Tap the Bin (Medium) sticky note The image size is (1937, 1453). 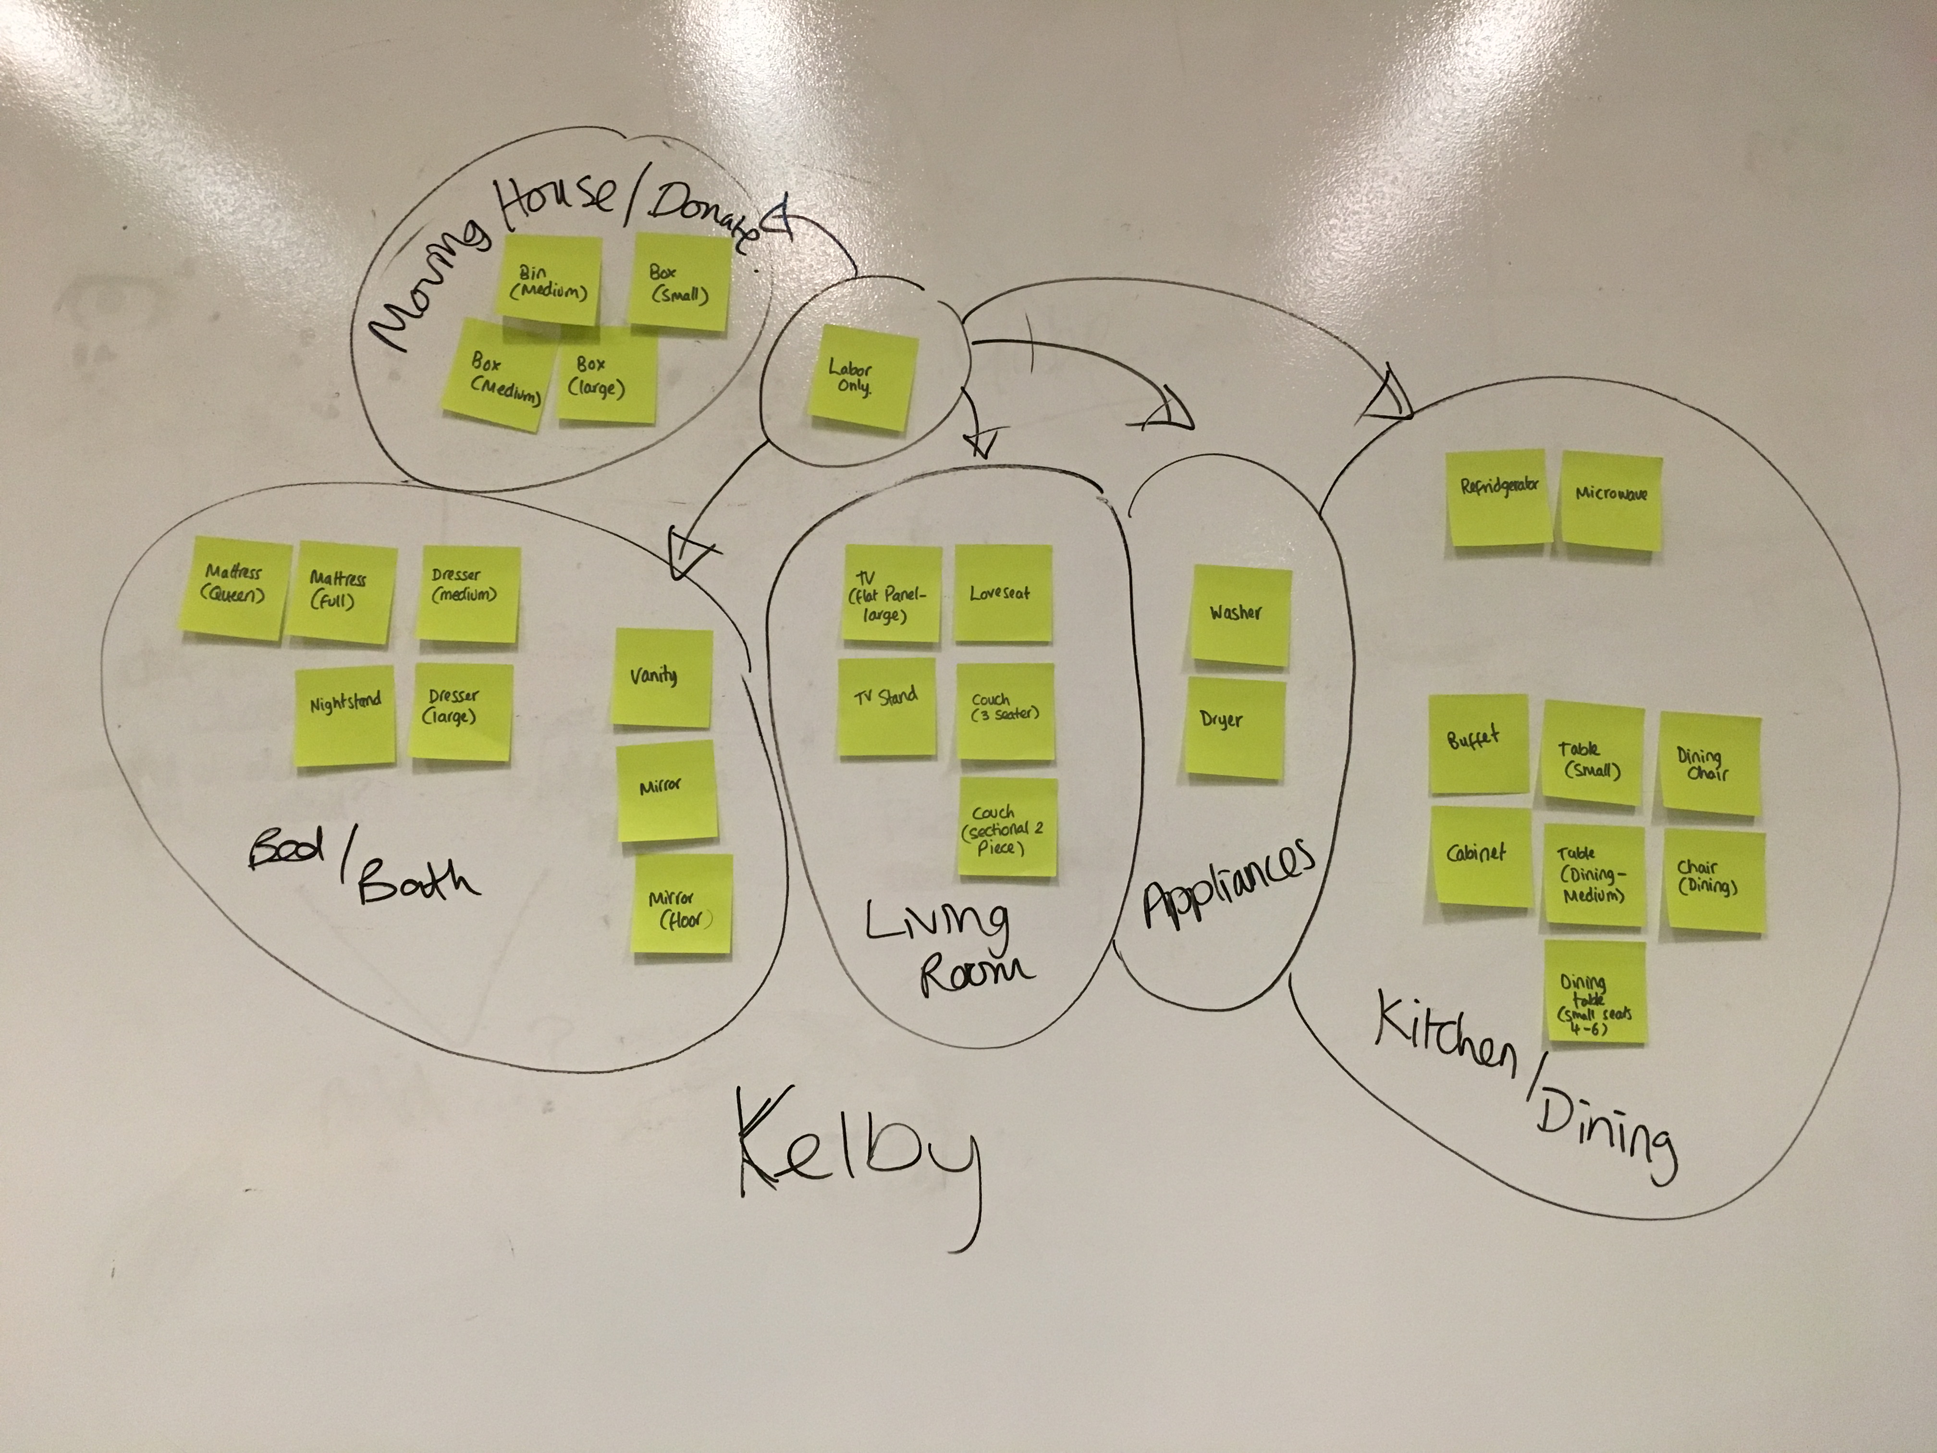(550, 279)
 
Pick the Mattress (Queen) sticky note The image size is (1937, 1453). (235, 587)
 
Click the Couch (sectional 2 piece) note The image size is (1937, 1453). (1007, 828)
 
